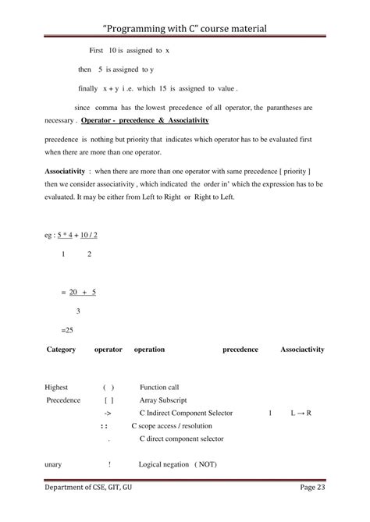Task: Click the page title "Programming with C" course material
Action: click(x=185, y=28)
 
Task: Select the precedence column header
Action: click(x=240, y=350)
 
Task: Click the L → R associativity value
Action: click(x=301, y=412)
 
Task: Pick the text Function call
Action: click(x=159, y=387)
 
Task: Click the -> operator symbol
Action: click(x=108, y=412)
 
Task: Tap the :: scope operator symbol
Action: click(x=104, y=426)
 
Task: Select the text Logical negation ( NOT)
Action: click(x=177, y=464)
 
